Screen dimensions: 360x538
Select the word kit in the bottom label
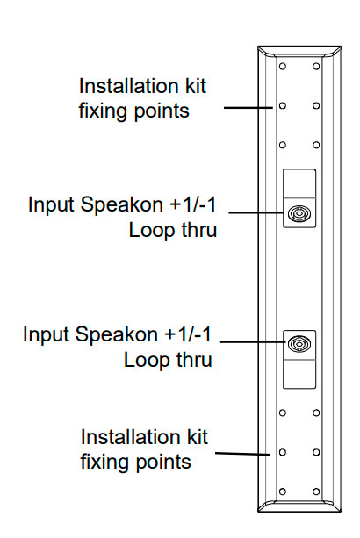[x=196, y=437]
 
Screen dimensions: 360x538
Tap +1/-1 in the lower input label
[x=188, y=334]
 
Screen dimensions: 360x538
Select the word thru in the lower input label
[x=194, y=360]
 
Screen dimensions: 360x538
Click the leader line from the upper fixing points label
[x=248, y=108]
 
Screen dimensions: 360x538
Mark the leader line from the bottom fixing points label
[x=242, y=454]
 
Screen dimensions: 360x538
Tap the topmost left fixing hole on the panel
[x=283, y=66]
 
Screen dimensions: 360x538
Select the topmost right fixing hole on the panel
[x=316, y=66]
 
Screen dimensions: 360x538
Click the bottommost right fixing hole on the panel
[x=316, y=491]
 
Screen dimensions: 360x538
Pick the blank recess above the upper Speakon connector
[x=299, y=183]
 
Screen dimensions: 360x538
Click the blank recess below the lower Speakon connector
[x=299, y=374]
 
